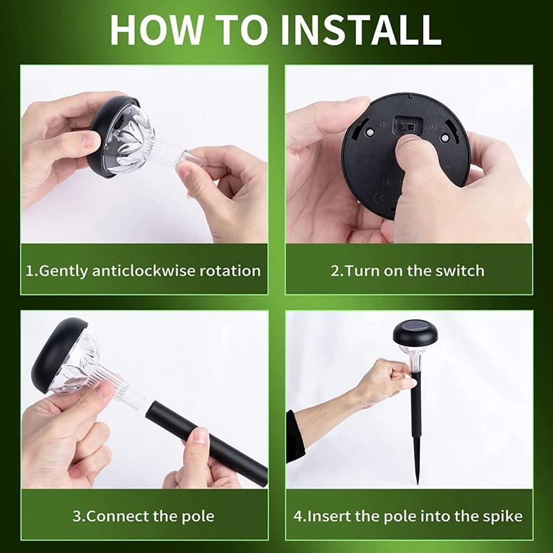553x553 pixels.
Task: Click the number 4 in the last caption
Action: (297, 516)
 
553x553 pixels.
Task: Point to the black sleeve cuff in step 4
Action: (295, 435)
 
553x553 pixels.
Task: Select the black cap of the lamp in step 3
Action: (62, 353)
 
